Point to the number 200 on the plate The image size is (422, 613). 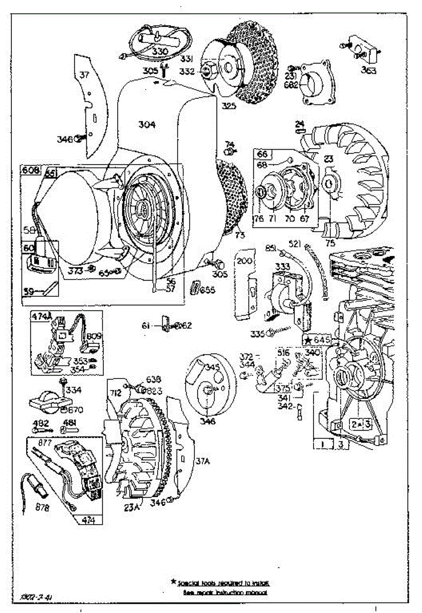tap(245, 262)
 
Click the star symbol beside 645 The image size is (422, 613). tap(308, 340)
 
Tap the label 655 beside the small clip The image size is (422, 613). tap(207, 291)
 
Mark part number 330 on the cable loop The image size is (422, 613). tap(160, 52)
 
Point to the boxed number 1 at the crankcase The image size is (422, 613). tap(323, 445)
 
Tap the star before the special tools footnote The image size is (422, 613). tap(174, 582)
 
